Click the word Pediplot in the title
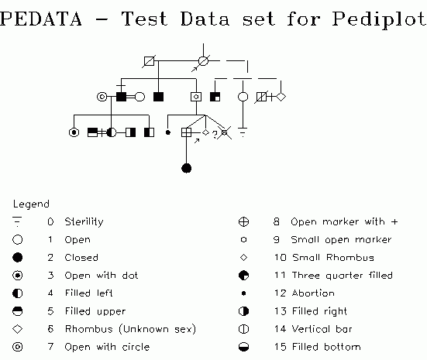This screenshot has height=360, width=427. click(379, 19)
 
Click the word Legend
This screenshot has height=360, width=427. click(31, 204)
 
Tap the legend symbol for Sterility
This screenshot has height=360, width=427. click(17, 221)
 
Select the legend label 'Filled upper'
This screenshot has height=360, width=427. click(95, 311)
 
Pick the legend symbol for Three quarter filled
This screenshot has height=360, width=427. click(243, 276)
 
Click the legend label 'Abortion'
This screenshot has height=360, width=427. click(313, 293)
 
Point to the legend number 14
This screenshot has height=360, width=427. click(281, 329)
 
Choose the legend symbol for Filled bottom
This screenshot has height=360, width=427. click(243, 347)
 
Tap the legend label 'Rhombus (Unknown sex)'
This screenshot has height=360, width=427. click(130, 329)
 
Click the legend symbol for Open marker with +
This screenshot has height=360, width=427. click(243, 221)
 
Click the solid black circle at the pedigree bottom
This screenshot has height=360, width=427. click(186, 168)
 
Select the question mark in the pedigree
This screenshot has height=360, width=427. click(215, 135)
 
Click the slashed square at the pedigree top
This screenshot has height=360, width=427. click(149, 61)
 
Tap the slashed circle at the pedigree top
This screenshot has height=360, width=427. click(203, 61)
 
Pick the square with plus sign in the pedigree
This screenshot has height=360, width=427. click(186, 132)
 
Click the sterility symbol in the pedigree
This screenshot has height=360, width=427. click(243, 132)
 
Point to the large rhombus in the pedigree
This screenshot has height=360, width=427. click(281, 97)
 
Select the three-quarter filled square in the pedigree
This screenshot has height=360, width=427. click(215, 97)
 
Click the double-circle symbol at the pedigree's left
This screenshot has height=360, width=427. click(102, 97)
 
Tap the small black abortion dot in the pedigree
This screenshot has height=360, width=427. click(168, 132)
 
